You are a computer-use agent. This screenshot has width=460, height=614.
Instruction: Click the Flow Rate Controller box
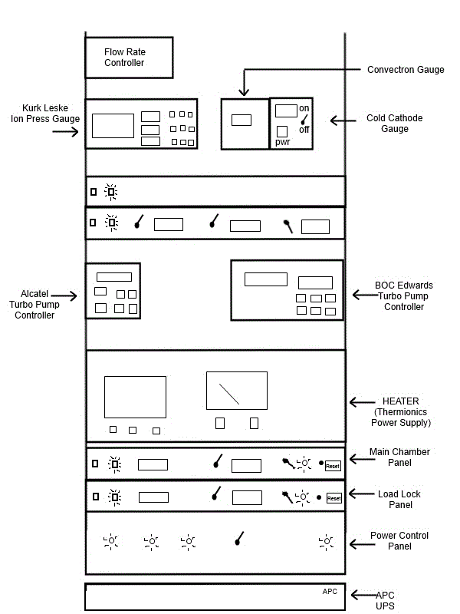[x=129, y=58]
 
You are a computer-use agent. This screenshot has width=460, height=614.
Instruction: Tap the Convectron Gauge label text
[x=406, y=70]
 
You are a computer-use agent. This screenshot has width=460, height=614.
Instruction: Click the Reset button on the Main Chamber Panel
[x=333, y=466]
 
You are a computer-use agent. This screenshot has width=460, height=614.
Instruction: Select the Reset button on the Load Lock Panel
[x=334, y=498]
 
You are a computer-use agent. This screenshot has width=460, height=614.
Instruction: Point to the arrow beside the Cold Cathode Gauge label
[x=343, y=120]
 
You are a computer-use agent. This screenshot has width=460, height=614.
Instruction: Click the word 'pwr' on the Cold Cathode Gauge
[x=282, y=142]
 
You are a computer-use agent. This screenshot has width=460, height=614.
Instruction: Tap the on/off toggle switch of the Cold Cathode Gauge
[x=304, y=119]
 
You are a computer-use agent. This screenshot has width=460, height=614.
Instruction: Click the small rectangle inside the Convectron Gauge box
[x=242, y=120]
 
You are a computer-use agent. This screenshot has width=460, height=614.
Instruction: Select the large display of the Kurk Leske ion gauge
[x=113, y=126]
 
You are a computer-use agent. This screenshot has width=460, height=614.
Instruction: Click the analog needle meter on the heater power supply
[x=237, y=391]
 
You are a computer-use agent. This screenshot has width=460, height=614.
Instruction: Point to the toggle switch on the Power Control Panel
[x=239, y=539]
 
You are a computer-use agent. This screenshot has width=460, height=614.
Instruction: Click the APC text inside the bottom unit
[x=330, y=591]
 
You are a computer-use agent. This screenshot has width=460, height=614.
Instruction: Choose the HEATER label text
[x=400, y=401]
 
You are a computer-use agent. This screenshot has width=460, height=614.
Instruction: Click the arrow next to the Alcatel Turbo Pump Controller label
[x=64, y=295]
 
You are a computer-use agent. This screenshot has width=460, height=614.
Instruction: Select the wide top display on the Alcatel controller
[x=114, y=277]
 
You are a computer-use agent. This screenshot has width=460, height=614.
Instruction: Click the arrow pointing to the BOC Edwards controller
[x=365, y=295]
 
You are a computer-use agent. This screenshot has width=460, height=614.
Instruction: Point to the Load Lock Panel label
[x=399, y=500]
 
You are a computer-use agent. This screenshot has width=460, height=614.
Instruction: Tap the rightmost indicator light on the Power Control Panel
[x=326, y=542]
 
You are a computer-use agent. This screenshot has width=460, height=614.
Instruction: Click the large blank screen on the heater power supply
[x=136, y=397]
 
